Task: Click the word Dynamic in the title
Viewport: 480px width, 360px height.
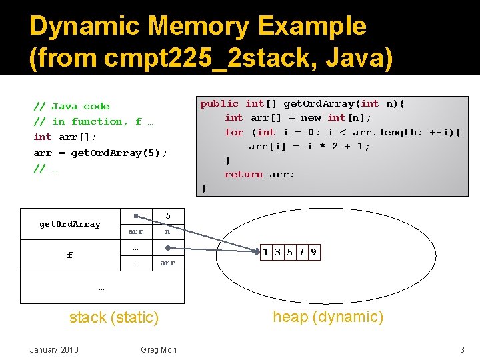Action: click(85, 27)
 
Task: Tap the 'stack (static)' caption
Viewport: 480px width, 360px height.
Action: click(114, 318)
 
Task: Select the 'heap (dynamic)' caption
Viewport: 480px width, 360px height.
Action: click(329, 317)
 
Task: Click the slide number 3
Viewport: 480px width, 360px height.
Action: click(461, 350)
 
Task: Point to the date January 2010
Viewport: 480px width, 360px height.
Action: click(54, 350)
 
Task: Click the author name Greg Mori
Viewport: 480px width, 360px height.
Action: click(159, 350)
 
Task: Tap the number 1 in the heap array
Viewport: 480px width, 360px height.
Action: click(266, 252)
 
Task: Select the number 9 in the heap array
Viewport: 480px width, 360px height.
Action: click(313, 252)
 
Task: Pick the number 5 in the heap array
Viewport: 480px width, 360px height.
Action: click(289, 252)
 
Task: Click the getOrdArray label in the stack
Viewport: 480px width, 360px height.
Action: click(70, 224)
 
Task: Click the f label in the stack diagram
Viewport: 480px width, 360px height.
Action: click(70, 255)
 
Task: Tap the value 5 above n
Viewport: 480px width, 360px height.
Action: click(168, 216)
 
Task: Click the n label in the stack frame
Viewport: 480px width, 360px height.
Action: click(168, 232)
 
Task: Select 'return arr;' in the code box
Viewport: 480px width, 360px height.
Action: click(259, 174)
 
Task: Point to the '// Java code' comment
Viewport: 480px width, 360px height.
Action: click(71, 106)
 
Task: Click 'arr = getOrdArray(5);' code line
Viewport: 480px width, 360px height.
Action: click(101, 153)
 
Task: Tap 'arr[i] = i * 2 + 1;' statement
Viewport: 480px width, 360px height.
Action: click(309, 146)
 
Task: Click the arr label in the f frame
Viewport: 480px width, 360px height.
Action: click(167, 263)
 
